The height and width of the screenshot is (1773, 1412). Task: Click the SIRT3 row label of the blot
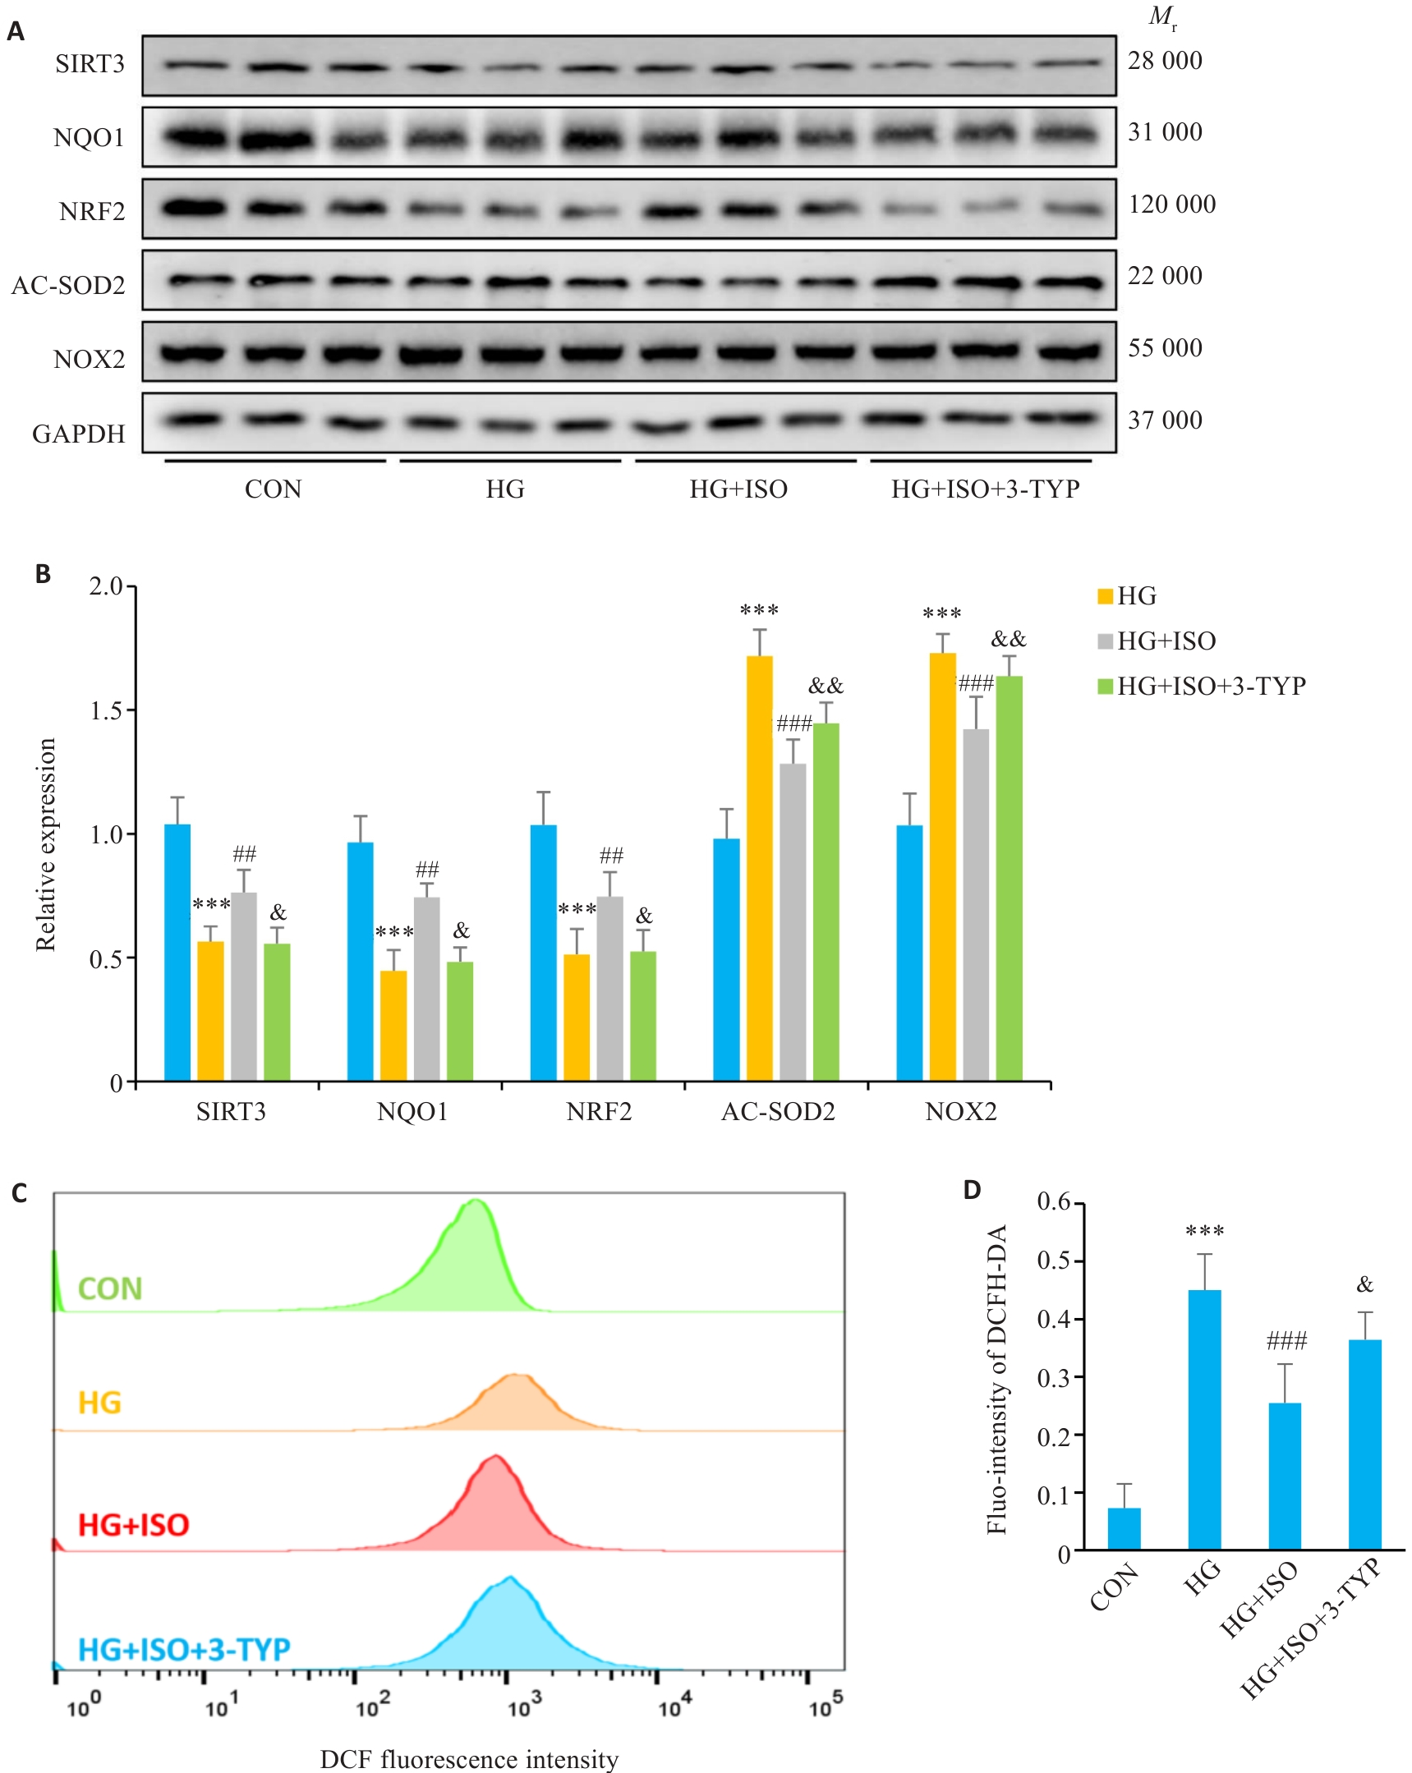(x=90, y=64)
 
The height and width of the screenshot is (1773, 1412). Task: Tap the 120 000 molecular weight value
(x=1171, y=204)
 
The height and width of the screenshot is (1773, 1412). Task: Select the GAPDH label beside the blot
(x=78, y=434)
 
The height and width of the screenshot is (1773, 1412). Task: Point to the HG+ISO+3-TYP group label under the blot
(x=985, y=489)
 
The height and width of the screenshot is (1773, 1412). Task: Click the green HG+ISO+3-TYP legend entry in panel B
(x=1202, y=686)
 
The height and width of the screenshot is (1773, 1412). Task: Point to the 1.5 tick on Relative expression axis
(x=107, y=710)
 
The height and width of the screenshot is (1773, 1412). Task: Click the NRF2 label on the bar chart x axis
(x=599, y=1112)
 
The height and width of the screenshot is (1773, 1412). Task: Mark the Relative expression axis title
(x=46, y=844)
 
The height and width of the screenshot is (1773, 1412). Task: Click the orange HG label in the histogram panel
(x=99, y=1402)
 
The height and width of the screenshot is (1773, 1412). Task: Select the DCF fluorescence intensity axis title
(x=469, y=1759)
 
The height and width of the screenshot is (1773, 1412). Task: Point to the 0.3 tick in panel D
(x=1053, y=1377)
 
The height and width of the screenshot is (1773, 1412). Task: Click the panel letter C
(x=20, y=1193)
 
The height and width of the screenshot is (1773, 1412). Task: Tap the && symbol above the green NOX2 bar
(x=1008, y=639)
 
